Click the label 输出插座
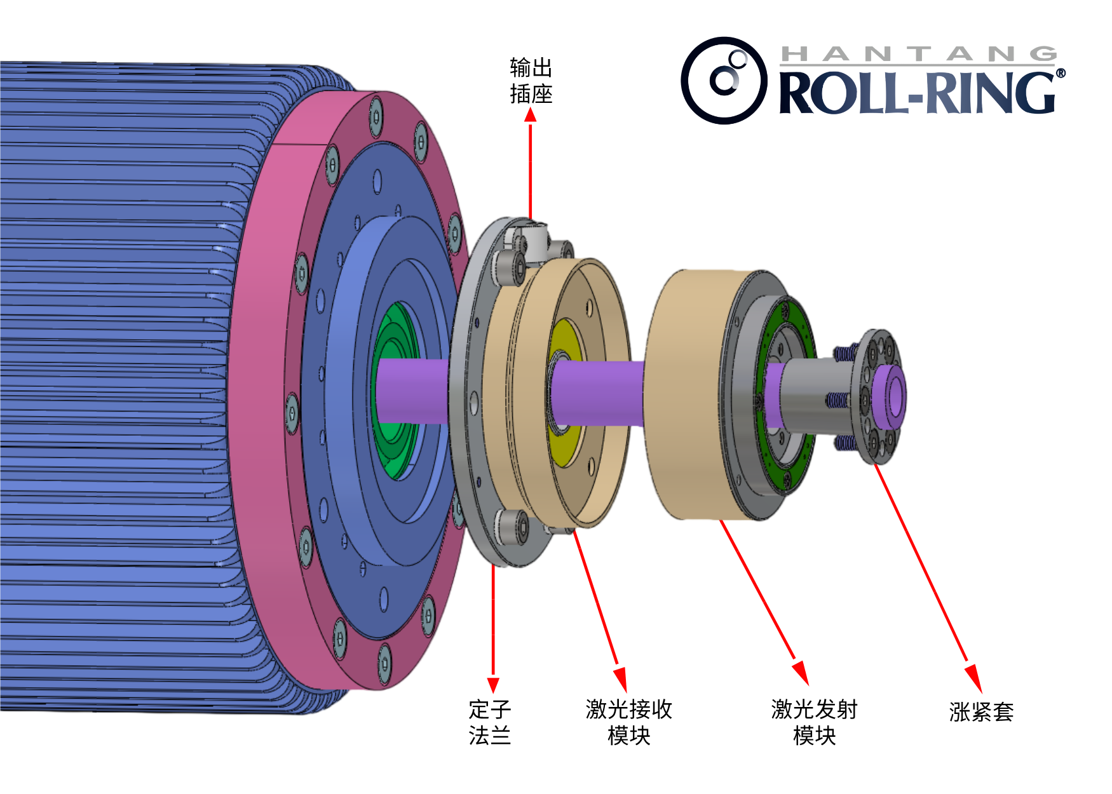tap(531, 81)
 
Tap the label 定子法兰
tap(489, 722)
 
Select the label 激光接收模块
tap(628, 722)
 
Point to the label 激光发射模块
tap(814, 722)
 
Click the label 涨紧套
tap(981, 712)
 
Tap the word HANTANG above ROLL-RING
tap(918, 55)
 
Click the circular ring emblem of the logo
tap(724, 81)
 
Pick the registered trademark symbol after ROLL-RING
tap(1061, 74)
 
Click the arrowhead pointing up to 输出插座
tap(531, 115)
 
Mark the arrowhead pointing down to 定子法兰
tap(493, 684)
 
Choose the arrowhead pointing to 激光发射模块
tap(802, 672)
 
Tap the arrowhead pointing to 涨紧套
tap(974, 678)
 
